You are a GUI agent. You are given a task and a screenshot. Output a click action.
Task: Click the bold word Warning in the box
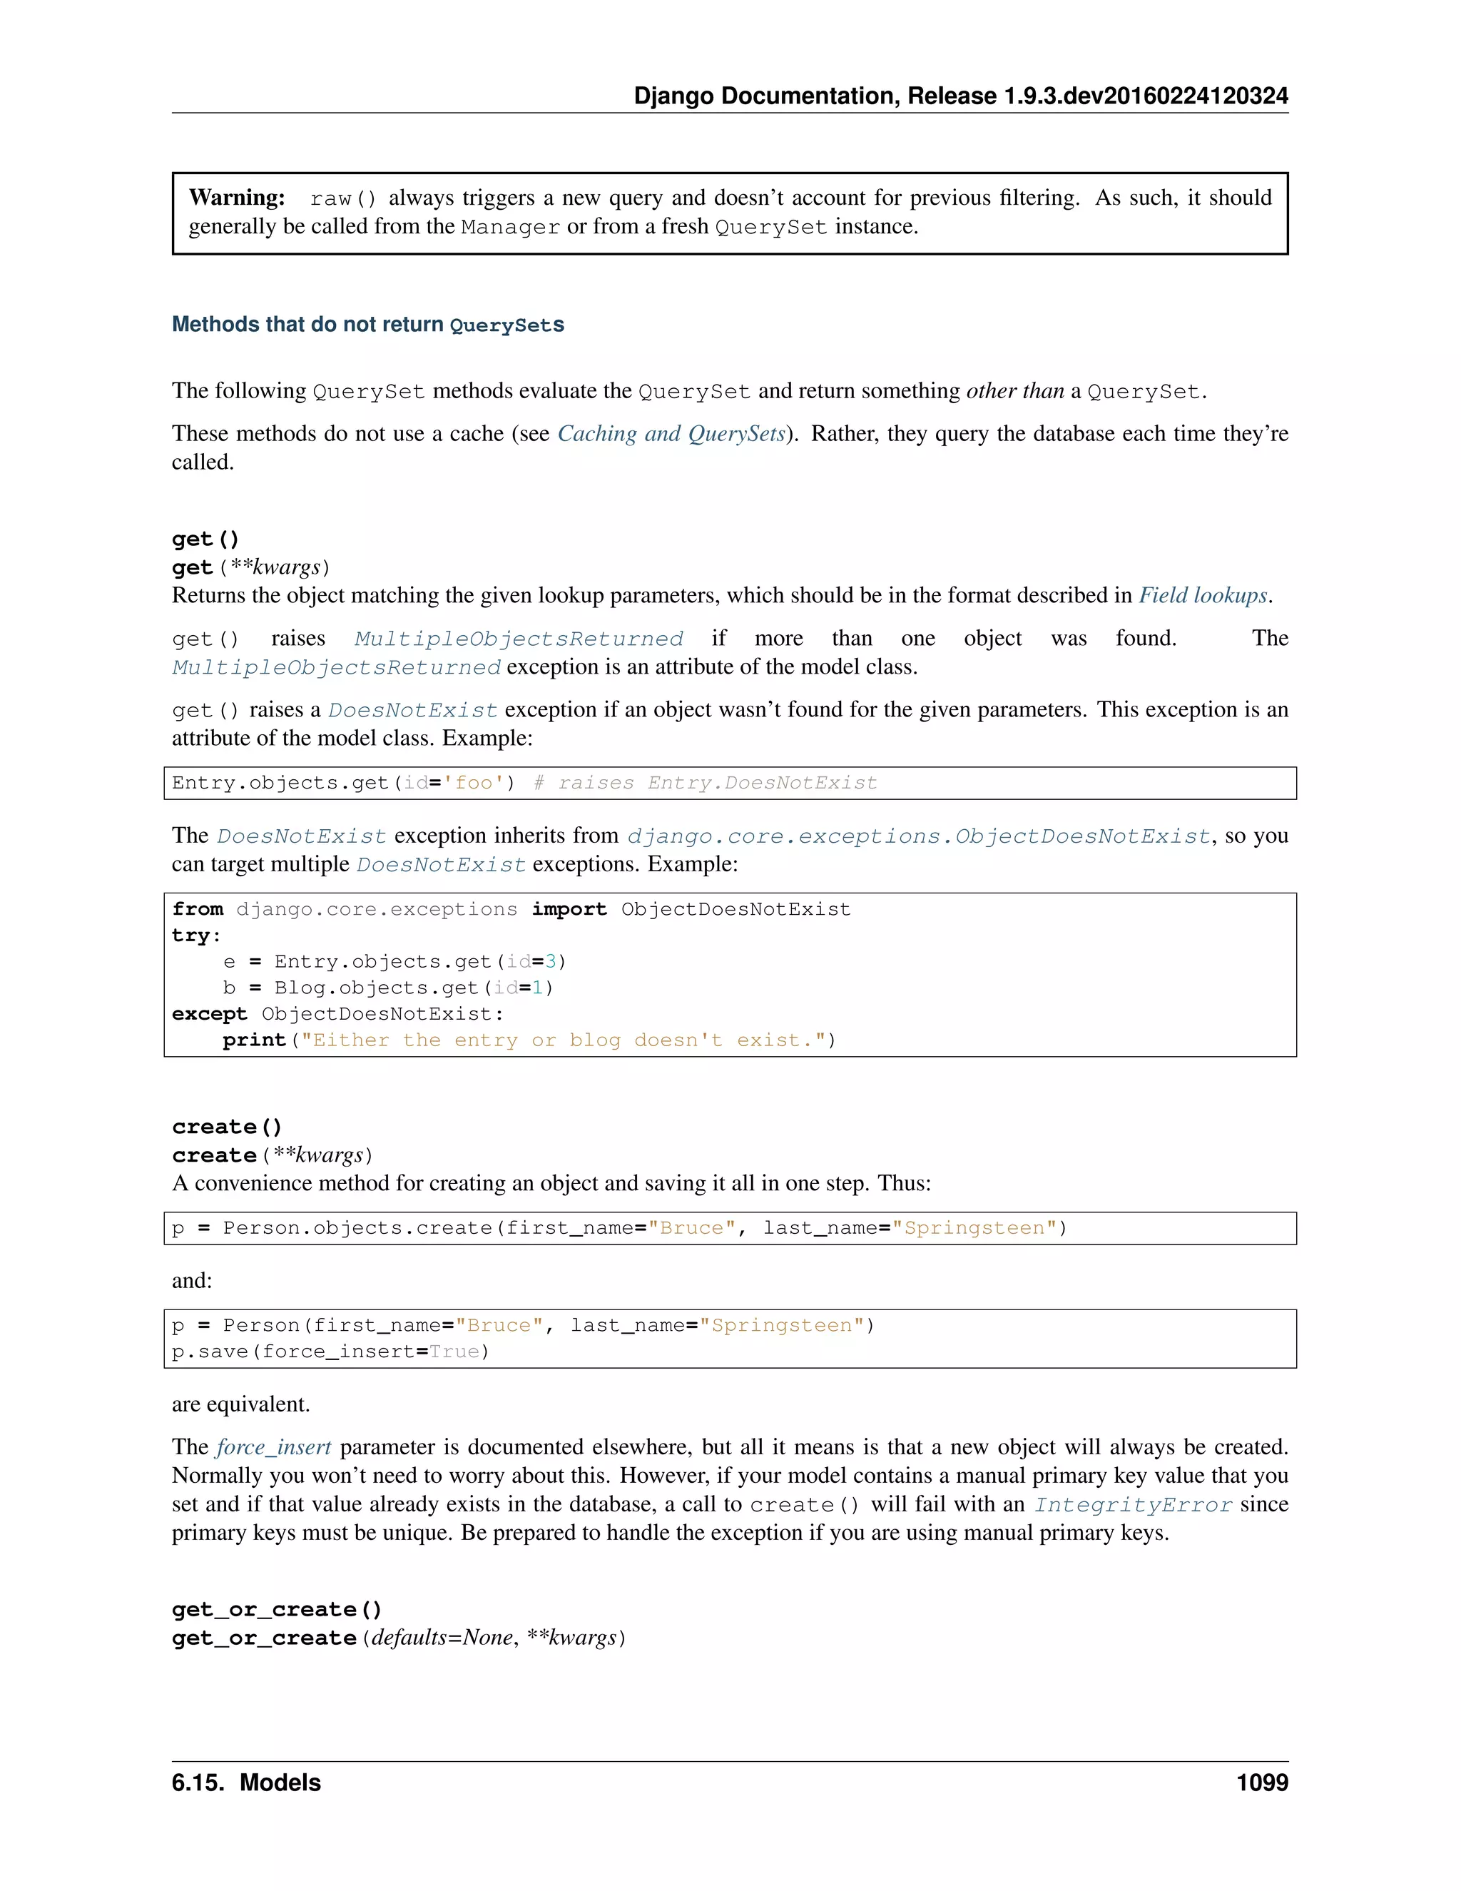236,198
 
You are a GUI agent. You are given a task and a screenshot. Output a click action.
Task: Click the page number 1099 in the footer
1262,1783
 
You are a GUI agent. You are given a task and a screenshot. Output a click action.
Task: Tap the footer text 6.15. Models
246,1783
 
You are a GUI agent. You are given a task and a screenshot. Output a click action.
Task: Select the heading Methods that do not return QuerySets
368,325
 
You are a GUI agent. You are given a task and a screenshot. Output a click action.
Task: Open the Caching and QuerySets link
671,434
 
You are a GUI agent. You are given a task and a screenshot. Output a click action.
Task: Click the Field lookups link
1203,596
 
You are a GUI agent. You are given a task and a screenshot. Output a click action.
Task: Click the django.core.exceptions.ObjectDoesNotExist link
918,836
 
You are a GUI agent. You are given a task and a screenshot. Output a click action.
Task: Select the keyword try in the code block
191,936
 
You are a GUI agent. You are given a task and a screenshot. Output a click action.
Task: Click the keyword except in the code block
210,1014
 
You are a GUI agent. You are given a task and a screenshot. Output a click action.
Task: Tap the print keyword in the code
253,1040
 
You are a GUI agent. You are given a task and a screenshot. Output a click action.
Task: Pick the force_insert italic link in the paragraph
273,1448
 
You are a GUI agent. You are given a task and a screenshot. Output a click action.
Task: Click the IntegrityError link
1133,1505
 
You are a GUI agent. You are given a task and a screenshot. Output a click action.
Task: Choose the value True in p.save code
454,1352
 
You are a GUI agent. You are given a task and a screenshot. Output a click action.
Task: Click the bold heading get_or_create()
277,1610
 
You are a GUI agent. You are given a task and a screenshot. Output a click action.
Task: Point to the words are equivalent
240,1404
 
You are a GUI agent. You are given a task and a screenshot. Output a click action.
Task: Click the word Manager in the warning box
510,227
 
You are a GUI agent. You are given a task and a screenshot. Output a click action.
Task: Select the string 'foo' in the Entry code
474,784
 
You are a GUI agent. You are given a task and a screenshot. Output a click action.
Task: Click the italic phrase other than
1014,391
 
